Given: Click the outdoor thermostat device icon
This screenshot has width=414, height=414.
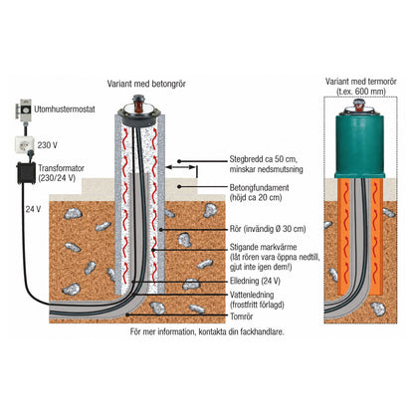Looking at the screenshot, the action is click(25, 108).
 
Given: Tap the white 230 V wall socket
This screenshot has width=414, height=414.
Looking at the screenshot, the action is click(24, 144).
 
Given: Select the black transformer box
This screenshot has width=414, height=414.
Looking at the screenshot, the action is click(26, 173).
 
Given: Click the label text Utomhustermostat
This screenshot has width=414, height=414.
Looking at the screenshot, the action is click(65, 109).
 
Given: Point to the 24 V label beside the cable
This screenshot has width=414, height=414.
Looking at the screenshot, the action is click(33, 209).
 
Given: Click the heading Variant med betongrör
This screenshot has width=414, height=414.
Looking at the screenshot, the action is click(146, 84).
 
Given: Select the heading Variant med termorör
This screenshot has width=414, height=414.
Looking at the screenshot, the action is click(361, 82).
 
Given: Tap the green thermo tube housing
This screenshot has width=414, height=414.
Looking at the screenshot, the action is click(359, 146).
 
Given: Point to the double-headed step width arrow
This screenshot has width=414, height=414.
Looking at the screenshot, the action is click(180, 167).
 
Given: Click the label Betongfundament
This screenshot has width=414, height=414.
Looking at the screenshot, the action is click(260, 188).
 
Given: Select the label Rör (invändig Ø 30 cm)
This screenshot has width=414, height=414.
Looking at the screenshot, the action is click(268, 229).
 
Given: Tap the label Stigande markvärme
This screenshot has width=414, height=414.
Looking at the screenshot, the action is click(263, 247).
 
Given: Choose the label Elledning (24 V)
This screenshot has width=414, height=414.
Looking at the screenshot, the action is click(255, 281).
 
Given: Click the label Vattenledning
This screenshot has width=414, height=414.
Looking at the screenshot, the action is click(252, 295).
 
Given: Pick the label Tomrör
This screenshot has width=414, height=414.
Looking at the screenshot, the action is click(242, 316).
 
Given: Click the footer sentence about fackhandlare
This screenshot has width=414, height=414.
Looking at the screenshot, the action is click(207, 331).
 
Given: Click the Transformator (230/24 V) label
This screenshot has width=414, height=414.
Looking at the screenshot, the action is click(61, 173).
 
